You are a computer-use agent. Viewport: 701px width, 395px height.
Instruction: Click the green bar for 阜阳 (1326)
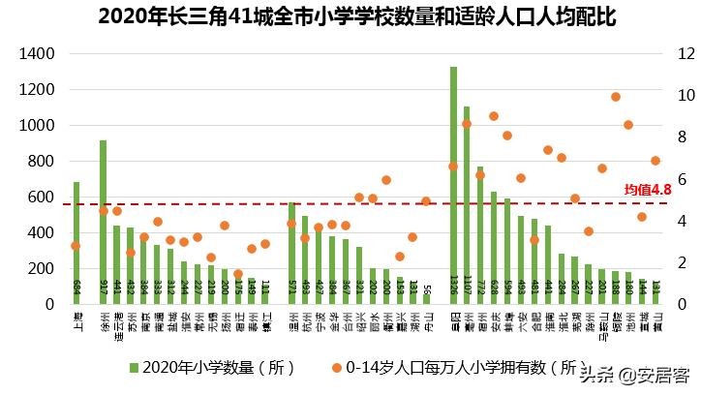(453, 184)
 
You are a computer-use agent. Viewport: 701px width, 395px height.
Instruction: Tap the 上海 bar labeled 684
(76, 242)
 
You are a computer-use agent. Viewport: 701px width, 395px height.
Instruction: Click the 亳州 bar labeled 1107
(467, 203)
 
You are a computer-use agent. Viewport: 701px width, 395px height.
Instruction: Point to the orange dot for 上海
(76, 246)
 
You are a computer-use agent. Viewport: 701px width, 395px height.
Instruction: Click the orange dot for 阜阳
(453, 167)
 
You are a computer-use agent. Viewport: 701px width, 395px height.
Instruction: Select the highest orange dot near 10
(615, 97)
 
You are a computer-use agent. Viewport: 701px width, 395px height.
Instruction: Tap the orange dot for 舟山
(426, 201)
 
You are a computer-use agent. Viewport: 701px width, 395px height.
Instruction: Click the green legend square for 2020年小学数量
(135, 368)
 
